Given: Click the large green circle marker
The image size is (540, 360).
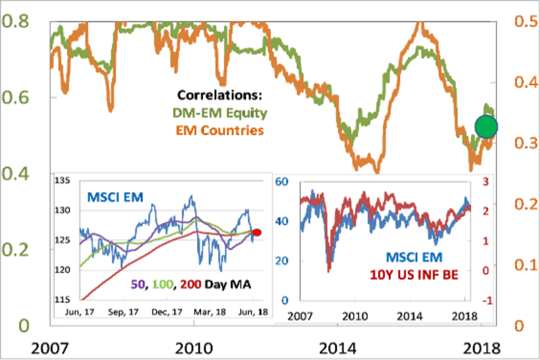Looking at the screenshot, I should point(486,126).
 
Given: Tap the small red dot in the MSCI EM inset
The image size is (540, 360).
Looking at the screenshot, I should point(257,232).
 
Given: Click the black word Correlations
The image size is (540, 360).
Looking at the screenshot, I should point(220,96).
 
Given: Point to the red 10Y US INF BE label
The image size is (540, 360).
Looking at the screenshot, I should point(414,274).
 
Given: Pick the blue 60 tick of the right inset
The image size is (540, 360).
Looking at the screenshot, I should point(282,182).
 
